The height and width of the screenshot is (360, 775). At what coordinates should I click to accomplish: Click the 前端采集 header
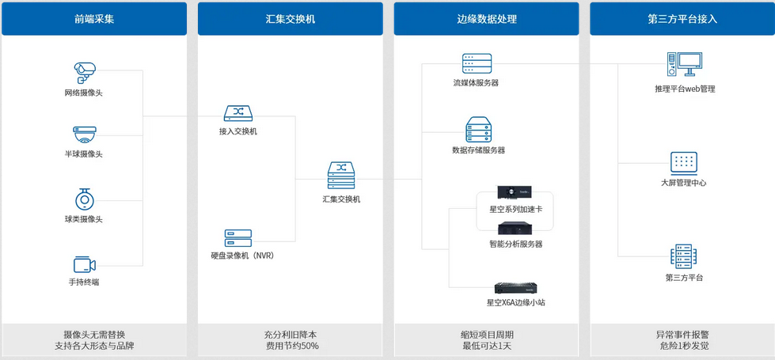93,19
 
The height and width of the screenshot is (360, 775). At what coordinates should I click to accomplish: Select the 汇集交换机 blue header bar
290,19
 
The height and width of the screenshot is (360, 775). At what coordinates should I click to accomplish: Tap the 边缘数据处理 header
486,19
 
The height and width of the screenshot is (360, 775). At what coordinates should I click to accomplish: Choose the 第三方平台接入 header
682,19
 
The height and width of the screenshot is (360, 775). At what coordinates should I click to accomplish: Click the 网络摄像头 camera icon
84,73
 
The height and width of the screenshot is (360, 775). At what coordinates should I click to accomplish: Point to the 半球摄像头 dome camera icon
84,134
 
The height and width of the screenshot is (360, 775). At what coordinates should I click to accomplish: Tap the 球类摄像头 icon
84,199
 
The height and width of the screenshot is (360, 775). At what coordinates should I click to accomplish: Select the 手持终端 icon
84,265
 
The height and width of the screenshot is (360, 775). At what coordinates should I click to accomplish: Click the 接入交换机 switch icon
237,114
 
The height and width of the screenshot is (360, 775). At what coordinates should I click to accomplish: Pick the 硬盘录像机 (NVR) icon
237,237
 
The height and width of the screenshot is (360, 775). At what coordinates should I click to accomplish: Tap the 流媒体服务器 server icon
477,63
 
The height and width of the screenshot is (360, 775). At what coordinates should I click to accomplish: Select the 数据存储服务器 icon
478,129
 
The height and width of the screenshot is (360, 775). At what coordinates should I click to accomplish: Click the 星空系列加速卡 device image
514,192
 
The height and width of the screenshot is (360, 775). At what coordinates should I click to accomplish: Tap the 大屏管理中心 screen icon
683,163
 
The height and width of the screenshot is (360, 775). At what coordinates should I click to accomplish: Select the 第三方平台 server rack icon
683,257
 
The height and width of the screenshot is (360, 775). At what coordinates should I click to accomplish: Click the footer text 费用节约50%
290,346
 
